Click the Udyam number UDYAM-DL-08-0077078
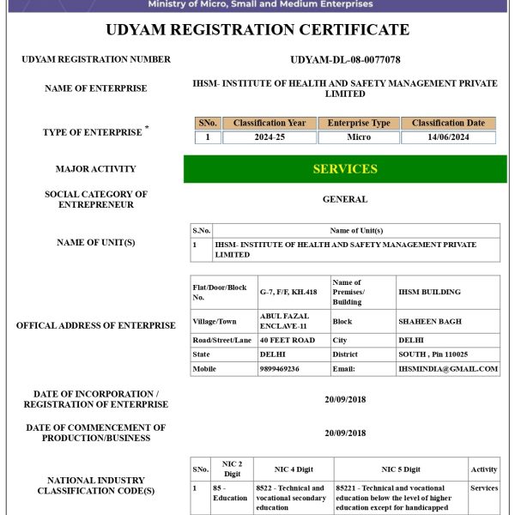coord(345,59)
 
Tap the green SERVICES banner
coord(345,169)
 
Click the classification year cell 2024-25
coord(269,137)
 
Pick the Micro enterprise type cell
coord(359,137)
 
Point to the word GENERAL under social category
coord(345,199)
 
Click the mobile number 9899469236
coord(280,368)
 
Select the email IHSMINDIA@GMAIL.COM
coord(447,368)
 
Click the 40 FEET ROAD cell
coord(288,340)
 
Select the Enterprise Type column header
coord(359,124)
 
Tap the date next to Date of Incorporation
coord(345,399)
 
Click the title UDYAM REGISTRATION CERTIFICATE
coord(257,30)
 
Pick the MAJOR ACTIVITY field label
coord(95,169)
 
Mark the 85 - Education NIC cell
coord(230,493)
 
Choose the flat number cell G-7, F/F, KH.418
coord(288,292)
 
